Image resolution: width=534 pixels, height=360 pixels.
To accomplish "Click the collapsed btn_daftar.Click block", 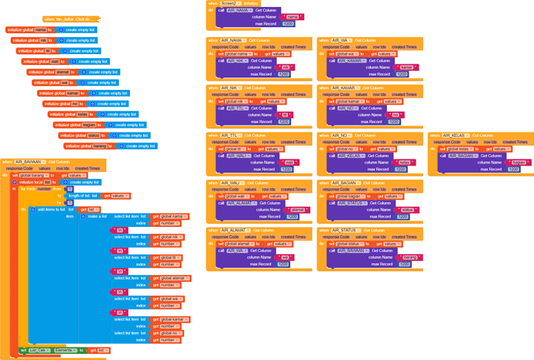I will click(70, 19).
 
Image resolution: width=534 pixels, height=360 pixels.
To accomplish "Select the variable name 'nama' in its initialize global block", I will click(40, 29).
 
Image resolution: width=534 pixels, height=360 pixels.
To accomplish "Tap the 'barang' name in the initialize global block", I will click(99, 146).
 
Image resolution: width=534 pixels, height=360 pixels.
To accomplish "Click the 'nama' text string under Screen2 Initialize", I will click(292, 17).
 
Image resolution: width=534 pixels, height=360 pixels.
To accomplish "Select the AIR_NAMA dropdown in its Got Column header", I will click(233, 40).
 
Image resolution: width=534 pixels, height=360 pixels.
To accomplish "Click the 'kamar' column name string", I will click(407, 67).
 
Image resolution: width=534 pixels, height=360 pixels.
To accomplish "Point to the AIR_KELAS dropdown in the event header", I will click(454, 135).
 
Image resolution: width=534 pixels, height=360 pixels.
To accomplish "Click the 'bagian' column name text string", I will click(519, 163).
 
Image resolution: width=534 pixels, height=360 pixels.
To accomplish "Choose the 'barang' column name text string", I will click(409, 257).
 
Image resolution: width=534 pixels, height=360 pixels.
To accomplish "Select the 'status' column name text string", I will click(407, 210).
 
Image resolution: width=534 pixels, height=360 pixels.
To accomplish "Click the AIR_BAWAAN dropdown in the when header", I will click(28, 162).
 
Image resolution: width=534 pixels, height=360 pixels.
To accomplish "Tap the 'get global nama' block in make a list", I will click(169, 217).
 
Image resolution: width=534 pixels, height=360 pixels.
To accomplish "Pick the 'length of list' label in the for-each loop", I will click(81, 196).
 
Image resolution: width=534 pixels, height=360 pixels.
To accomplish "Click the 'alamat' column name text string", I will click(296, 210).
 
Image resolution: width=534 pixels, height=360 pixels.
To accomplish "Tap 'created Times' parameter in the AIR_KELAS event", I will click(515, 142).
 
